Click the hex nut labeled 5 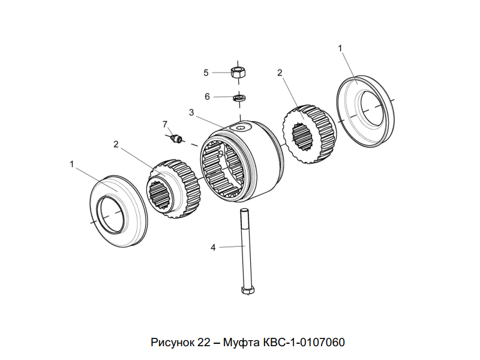click(238, 73)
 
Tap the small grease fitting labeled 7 click(176, 139)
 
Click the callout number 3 click(191, 112)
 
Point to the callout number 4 click(212, 247)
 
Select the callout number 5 click(206, 73)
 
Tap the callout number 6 click(207, 96)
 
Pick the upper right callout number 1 click(340, 47)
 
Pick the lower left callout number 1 click(73, 163)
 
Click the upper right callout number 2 click(280, 73)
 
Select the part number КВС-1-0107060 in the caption click(304, 343)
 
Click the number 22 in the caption click(202, 343)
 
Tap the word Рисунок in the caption click(172, 343)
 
